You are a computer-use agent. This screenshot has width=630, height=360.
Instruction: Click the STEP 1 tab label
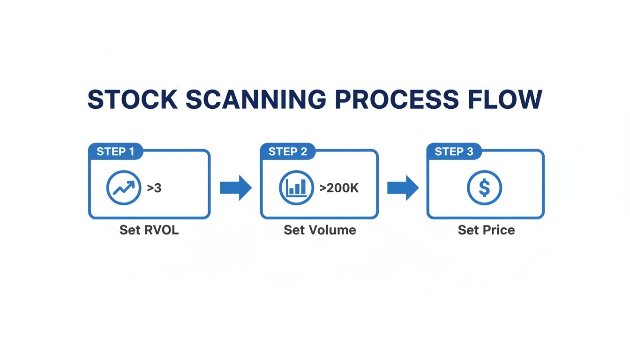tap(115, 151)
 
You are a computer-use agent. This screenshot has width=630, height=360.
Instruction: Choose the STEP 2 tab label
tap(288, 151)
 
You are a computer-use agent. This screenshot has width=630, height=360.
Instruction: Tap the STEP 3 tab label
tap(454, 151)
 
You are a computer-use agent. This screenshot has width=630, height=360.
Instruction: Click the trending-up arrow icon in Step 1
tap(124, 188)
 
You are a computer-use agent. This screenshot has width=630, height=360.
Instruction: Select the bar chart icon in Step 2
tap(296, 188)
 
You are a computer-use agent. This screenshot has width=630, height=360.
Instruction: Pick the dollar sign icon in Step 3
tap(485, 188)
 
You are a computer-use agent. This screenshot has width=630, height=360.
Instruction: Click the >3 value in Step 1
tap(154, 188)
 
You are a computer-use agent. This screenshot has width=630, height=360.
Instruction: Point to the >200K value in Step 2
tap(339, 188)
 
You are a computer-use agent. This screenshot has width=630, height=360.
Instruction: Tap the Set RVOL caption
tap(149, 230)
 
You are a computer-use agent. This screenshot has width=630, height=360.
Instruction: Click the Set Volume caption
tap(320, 230)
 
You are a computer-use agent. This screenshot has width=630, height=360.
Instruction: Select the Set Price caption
tap(486, 230)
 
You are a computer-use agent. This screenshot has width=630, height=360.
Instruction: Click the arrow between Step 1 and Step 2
tap(236, 188)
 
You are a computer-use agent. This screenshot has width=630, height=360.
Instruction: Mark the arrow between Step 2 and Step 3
tap(403, 188)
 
